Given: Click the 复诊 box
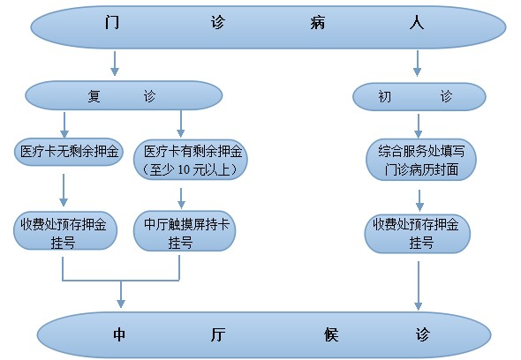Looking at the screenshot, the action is (124, 95).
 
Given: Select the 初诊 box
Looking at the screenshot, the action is (419, 97).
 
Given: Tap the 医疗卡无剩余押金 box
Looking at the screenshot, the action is (69, 152).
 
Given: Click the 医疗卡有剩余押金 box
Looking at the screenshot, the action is (191, 160).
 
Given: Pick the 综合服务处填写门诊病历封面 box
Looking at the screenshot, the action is (421, 160).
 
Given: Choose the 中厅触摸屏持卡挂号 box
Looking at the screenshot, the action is (185, 231).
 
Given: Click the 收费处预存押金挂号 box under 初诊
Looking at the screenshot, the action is (418, 233).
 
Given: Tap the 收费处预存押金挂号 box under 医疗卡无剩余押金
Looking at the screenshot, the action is (65, 231).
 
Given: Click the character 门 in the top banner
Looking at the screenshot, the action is (112, 23).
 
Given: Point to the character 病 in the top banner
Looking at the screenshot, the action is (318, 23).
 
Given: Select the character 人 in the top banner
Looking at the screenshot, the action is (417, 23).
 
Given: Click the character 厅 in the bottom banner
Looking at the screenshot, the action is (218, 334).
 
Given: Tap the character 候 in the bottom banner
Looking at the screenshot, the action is (331, 334).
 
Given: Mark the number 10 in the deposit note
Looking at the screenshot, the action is (184, 170).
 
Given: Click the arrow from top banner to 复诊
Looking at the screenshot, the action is (115, 64).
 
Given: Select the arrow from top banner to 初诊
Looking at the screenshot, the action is (418, 64).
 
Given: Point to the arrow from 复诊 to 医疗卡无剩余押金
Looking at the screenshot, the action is (64, 125).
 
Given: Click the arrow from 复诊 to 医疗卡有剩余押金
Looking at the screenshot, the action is (180, 124).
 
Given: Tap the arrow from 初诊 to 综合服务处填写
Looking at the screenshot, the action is (419, 126).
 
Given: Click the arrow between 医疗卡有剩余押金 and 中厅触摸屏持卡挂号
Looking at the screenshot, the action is (181, 199).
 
